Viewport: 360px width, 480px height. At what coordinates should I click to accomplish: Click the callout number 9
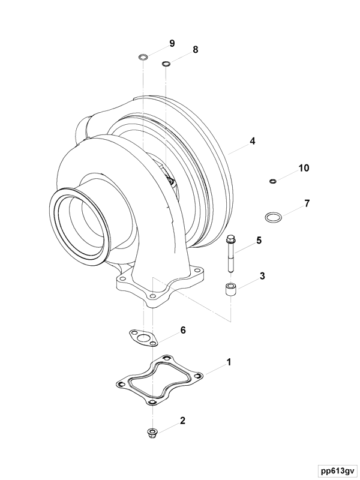172,43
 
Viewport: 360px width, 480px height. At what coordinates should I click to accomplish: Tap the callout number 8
195,50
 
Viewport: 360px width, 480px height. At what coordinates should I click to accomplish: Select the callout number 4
253,141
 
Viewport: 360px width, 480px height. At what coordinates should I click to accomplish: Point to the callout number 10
304,168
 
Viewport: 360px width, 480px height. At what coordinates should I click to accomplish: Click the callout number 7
307,203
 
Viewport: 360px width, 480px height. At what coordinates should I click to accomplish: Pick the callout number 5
259,240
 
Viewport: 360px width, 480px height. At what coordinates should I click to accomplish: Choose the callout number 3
262,277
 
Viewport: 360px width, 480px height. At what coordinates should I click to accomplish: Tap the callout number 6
183,330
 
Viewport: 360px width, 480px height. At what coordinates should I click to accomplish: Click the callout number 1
229,362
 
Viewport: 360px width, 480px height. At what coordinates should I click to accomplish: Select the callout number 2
182,421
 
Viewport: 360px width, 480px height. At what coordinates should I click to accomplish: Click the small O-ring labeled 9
143,58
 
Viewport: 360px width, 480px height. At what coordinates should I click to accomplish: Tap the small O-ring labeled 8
166,63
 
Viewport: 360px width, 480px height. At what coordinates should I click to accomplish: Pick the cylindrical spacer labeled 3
231,290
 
